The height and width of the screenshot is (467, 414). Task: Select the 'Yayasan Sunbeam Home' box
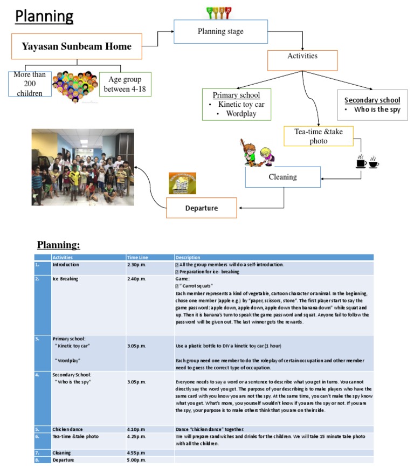click(x=77, y=46)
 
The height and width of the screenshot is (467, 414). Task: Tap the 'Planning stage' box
click(x=220, y=32)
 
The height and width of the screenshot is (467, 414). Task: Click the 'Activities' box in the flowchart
click(x=302, y=56)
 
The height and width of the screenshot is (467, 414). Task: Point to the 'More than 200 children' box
click(x=30, y=83)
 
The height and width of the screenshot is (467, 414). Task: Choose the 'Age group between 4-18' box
click(x=125, y=84)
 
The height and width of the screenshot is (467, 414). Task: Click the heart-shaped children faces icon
click(x=75, y=85)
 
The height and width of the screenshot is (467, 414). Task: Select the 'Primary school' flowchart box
click(x=237, y=104)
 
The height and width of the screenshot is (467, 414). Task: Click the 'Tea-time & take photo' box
click(x=318, y=136)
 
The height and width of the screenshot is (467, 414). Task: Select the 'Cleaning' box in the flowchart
click(x=282, y=177)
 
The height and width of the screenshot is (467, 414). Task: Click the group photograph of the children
click(x=82, y=167)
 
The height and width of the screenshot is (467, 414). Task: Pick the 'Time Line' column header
click(x=138, y=257)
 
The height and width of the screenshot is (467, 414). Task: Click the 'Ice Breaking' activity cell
click(x=66, y=279)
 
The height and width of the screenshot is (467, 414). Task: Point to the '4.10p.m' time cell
click(x=137, y=429)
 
